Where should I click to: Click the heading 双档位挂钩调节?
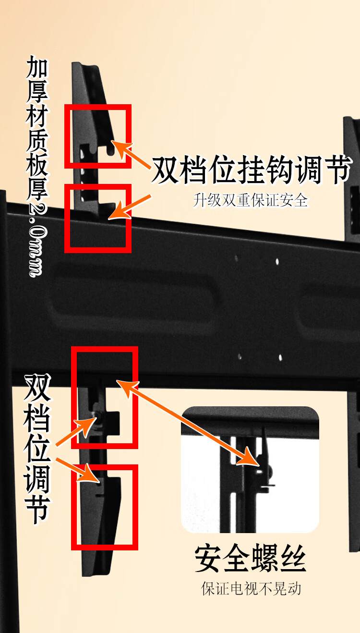tap(252, 170)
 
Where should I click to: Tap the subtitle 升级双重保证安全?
tap(251, 200)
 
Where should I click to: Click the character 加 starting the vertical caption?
tap(37, 67)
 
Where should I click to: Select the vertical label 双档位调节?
tap(37, 450)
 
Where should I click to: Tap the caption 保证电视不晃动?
tap(251, 589)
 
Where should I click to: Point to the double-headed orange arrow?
tap(188, 423)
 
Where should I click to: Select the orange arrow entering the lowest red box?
tap(78, 470)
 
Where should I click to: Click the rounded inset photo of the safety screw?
tap(250, 470)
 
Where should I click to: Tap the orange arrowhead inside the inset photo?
tap(249, 458)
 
